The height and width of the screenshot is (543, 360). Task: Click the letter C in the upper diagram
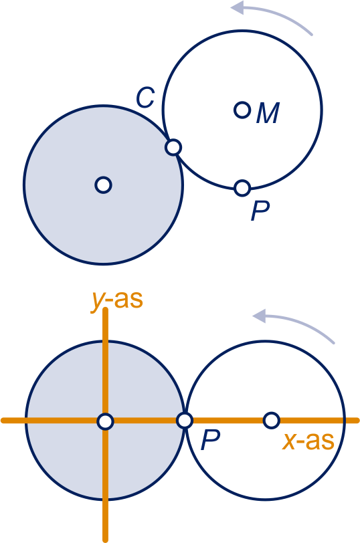[145, 98]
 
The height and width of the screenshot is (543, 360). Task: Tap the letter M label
[268, 113]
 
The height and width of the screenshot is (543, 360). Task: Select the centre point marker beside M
[242, 110]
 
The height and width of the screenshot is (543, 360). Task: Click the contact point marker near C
[173, 147]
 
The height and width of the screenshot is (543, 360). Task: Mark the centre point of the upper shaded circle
[103, 185]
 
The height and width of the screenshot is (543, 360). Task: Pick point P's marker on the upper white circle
[242, 188]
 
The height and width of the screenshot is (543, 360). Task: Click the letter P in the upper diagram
[260, 211]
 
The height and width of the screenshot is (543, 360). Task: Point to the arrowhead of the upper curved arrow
[238, 7]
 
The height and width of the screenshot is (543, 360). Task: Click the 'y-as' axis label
[116, 300]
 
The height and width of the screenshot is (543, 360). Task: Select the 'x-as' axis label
[308, 441]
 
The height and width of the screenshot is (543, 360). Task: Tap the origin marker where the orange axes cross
[105, 422]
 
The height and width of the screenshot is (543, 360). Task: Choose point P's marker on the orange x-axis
[185, 421]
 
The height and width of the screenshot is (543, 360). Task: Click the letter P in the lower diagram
[210, 440]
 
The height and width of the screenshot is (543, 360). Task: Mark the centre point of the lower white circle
[271, 421]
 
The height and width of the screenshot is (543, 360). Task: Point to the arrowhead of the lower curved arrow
[260, 316]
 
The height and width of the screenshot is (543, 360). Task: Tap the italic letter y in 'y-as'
[96, 302]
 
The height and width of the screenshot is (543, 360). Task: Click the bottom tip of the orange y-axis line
[106, 540]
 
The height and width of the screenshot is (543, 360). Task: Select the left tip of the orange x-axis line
[3, 421]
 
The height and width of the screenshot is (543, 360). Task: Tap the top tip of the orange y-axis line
[106, 310]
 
